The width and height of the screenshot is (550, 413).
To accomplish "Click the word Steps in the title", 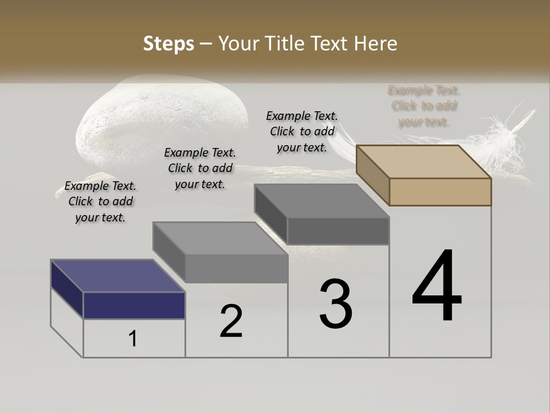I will pyautogui.click(x=168, y=44).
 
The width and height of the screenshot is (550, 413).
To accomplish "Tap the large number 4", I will pyautogui.click(x=437, y=287).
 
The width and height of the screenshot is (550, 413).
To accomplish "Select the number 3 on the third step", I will pyautogui.click(x=336, y=304).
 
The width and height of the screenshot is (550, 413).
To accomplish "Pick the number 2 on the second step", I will pyautogui.click(x=231, y=321).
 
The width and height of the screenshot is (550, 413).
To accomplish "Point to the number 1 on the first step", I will pyautogui.click(x=133, y=338).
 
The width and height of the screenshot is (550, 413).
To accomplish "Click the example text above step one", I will pyautogui.click(x=100, y=201).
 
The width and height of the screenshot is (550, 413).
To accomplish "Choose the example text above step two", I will pyautogui.click(x=200, y=168).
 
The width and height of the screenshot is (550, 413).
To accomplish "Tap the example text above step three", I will pyautogui.click(x=302, y=131).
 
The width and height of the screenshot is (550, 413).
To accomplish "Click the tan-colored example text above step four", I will pyautogui.click(x=424, y=106).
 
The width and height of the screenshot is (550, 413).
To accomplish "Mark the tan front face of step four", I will pyautogui.click(x=440, y=192).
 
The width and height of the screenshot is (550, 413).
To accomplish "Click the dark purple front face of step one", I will pyautogui.click(x=134, y=305).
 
